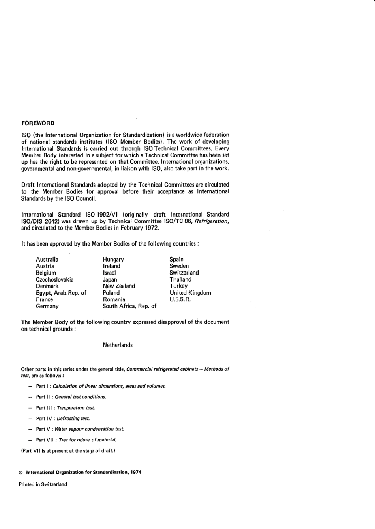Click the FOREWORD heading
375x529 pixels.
point(38,123)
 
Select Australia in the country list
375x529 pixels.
point(47,259)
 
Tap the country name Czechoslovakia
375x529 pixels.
point(54,279)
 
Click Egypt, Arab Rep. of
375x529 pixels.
point(61,293)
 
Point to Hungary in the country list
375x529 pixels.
point(113,259)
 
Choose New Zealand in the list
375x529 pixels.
point(119,286)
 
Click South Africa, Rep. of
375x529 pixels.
point(129,306)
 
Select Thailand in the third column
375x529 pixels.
point(180,279)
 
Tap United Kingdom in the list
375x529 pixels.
point(190,293)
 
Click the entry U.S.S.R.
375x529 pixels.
point(180,299)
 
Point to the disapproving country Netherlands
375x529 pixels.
point(118,345)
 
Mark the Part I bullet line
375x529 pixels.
point(101,386)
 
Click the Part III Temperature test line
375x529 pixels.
point(66,408)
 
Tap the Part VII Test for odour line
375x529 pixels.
point(76,440)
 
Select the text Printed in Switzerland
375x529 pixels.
point(43,484)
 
